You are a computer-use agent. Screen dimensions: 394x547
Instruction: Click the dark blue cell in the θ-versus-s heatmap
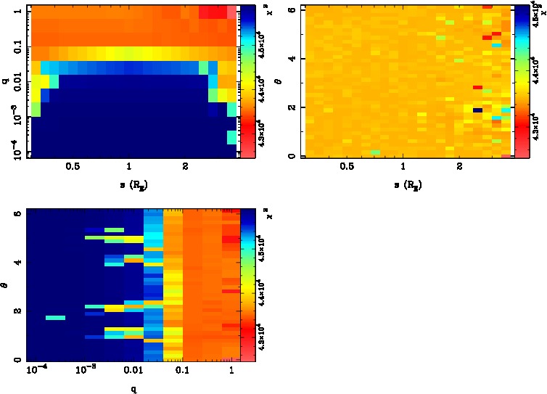point(477,110)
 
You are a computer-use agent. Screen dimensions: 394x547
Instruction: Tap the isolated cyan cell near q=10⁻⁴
point(55,318)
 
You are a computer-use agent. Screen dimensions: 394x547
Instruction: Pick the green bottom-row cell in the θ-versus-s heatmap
point(375,152)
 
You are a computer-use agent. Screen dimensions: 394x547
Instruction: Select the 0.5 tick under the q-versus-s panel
point(72,166)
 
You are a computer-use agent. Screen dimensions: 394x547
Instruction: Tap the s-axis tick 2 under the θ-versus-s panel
point(459,166)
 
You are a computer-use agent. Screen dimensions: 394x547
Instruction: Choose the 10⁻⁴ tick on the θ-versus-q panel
point(36,371)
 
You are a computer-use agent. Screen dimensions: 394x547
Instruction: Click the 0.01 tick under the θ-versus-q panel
point(134,371)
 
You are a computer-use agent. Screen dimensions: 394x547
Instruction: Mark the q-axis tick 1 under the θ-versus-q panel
point(231,371)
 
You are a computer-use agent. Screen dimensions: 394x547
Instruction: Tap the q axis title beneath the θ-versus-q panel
point(135,387)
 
